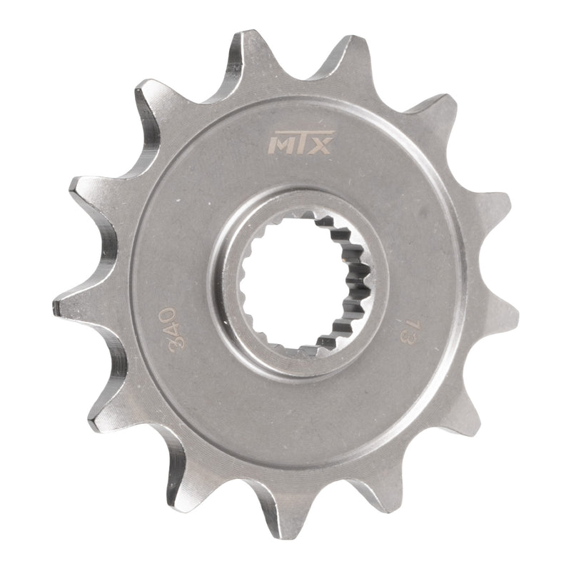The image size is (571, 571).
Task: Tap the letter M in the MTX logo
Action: tap(277, 146)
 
